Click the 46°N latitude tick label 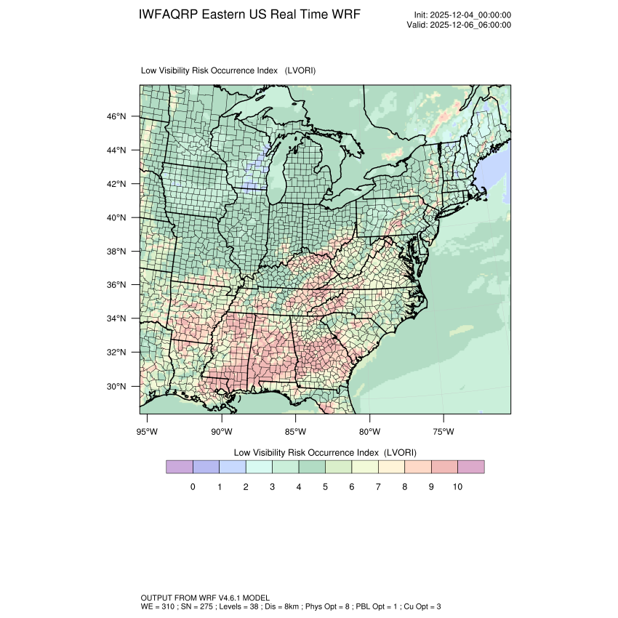pos(117,116)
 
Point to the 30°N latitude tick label pos(117,386)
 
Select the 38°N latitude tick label pos(117,252)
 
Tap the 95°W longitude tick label pos(148,432)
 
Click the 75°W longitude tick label pos(444,432)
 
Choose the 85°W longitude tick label pos(296,432)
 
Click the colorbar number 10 pos(457,486)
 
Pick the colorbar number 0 pos(193,486)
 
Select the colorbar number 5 pos(325,486)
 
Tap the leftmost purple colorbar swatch pos(179,467)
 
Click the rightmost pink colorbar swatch pos(471,467)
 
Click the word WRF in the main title pos(345,15)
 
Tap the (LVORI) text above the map pos(300,71)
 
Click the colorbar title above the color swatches pos(325,452)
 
